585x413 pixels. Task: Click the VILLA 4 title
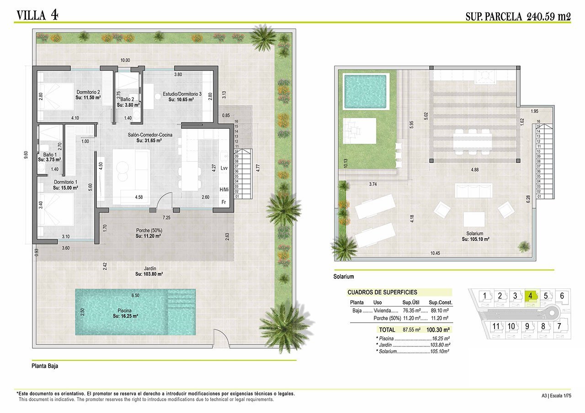coord(37,15)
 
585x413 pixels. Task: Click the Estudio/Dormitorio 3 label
coord(181,97)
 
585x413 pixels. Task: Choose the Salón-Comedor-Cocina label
coord(149,137)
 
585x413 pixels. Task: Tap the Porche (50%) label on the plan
coord(149,233)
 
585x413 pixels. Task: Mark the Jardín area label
coord(149,272)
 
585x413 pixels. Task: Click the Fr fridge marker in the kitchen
coord(223,202)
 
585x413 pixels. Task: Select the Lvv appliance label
coord(224,168)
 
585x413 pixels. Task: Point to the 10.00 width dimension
coord(125,60)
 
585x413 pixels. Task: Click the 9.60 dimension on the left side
coord(26,157)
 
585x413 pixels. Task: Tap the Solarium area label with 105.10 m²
coord(475,236)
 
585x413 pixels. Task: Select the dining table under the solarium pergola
coord(473,141)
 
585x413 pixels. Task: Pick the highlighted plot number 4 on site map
coord(530,296)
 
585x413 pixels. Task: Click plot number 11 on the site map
coord(496,326)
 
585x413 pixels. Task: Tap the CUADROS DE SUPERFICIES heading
coord(382,293)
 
